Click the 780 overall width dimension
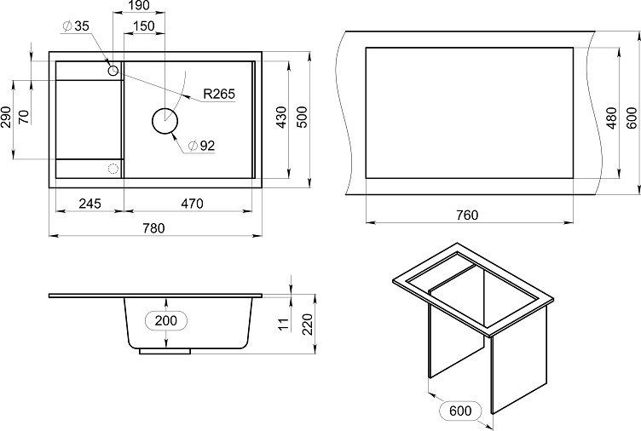(x=153, y=228)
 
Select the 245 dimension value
(x=90, y=203)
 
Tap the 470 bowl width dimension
(x=192, y=203)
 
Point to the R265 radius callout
(x=219, y=94)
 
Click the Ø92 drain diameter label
(x=200, y=146)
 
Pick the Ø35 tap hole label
(x=76, y=26)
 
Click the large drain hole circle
(x=165, y=121)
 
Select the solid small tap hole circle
(x=113, y=71)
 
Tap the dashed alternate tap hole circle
(x=113, y=169)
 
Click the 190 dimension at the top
(x=139, y=5)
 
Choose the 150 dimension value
(x=143, y=26)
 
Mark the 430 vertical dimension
(x=281, y=118)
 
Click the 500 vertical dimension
(x=302, y=118)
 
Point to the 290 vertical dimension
(x=6, y=118)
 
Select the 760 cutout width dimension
(x=467, y=215)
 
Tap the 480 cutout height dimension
(x=611, y=118)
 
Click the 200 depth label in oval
(x=166, y=320)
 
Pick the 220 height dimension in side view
(x=307, y=324)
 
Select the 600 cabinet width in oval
(x=460, y=411)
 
